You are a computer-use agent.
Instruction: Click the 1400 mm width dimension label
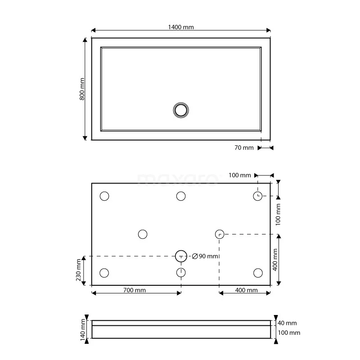(181, 27)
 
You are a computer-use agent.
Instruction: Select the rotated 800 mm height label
(82, 89)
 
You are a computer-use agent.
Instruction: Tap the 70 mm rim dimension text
(244, 148)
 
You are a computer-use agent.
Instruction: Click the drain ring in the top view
(181, 110)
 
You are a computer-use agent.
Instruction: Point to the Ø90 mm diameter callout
(205, 256)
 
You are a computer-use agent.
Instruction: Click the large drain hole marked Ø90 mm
(181, 256)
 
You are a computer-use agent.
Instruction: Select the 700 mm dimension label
(134, 290)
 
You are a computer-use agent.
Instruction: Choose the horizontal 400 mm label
(246, 290)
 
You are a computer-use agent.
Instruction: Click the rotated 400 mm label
(275, 260)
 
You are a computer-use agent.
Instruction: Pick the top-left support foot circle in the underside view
(104, 196)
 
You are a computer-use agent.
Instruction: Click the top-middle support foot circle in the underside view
(181, 196)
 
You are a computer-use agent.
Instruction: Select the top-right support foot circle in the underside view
(257, 196)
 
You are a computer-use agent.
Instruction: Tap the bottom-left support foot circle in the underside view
(104, 273)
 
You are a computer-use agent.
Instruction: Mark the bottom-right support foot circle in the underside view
(258, 273)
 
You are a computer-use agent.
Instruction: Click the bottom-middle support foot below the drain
(181, 272)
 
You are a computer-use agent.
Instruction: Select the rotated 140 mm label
(82, 329)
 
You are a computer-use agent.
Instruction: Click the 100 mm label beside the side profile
(288, 333)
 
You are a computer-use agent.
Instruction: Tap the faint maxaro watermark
(177, 179)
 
